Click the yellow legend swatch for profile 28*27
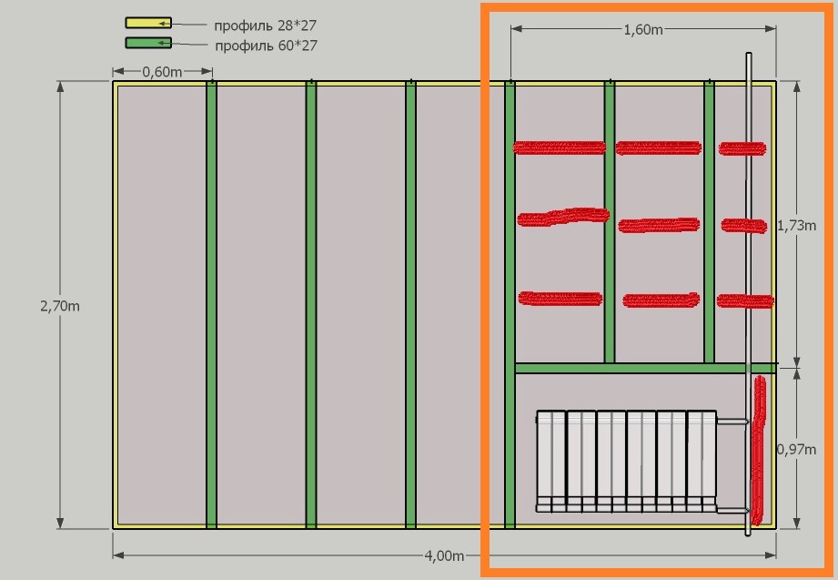point(148,23)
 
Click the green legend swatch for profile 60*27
point(148,43)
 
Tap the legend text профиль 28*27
point(265,25)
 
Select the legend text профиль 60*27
point(266,46)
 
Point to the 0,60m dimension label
point(162,72)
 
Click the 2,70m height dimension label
point(60,306)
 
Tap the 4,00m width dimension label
point(444,556)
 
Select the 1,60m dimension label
point(643,30)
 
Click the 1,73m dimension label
point(796,226)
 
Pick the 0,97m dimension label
point(796,450)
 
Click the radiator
point(626,462)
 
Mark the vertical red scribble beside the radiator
point(758,451)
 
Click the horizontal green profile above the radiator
point(645,368)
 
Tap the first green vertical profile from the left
point(212,305)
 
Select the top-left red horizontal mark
point(559,148)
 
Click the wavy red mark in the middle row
point(563,217)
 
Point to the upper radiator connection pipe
point(732,422)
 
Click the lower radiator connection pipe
point(732,510)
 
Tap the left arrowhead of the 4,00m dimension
point(118,555)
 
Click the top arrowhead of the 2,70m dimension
point(60,86)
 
